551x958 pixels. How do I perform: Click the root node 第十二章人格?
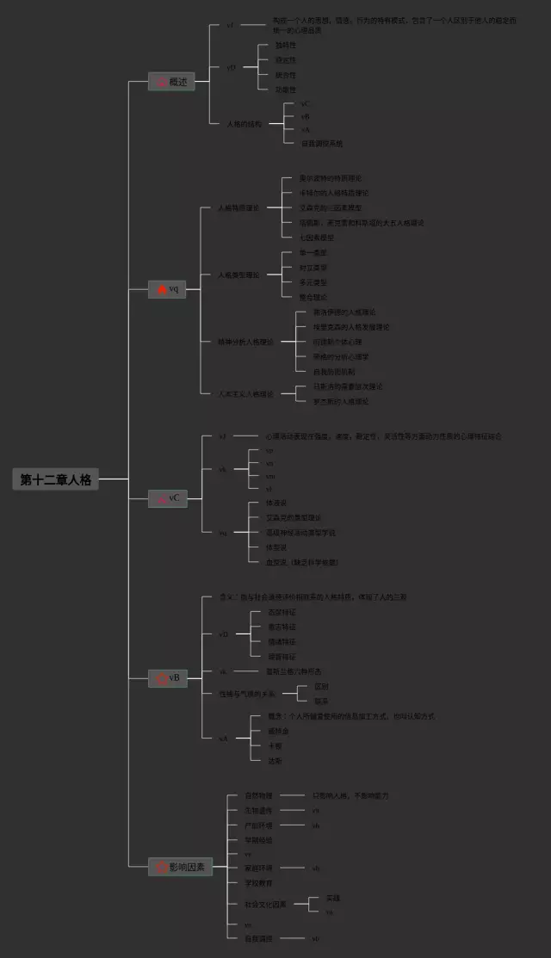[x=56, y=479]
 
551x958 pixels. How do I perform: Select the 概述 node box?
[x=170, y=82]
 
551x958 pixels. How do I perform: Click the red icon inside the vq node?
[x=161, y=290]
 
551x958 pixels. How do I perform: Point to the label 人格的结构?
[x=244, y=124]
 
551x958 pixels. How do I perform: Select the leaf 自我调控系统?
[x=321, y=143]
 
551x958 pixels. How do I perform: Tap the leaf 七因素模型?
[x=316, y=237]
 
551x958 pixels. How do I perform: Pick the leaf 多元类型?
[x=313, y=281]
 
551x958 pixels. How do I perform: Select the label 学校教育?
[x=258, y=883]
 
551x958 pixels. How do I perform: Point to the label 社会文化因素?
[x=264, y=904]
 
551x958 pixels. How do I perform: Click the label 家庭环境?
[x=258, y=868]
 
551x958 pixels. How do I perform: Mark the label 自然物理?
[x=258, y=795]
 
